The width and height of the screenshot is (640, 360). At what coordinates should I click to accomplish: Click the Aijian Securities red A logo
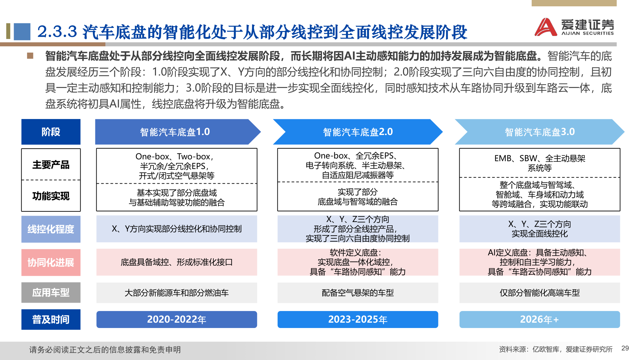(x=546, y=27)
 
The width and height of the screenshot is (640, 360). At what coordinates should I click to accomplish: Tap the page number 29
(x=625, y=348)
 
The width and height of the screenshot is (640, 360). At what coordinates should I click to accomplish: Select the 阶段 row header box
(x=51, y=132)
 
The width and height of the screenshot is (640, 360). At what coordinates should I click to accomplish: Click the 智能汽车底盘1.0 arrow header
(x=175, y=132)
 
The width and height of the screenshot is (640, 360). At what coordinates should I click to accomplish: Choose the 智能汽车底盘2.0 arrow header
(x=358, y=132)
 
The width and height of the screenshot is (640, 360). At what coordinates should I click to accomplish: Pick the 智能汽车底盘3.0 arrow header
(x=540, y=132)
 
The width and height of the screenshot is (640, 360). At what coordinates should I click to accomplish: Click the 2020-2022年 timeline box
(x=177, y=319)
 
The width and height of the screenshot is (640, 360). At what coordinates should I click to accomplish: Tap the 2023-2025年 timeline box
(x=358, y=319)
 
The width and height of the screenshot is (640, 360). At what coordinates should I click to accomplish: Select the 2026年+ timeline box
(x=539, y=319)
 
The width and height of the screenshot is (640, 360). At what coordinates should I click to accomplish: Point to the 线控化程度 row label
(x=51, y=229)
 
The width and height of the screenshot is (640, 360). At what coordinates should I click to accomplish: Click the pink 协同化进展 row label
(x=51, y=262)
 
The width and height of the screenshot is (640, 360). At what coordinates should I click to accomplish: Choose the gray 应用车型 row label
(x=51, y=293)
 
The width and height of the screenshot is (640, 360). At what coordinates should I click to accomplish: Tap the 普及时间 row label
(x=51, y=319)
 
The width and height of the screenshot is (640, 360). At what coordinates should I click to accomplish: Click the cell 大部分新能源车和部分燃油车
(x=177, y=293)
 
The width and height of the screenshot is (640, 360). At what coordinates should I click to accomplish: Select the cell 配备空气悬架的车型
(x=358, y=293)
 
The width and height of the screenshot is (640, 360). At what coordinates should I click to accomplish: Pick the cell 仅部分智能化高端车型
(x=540, y=293)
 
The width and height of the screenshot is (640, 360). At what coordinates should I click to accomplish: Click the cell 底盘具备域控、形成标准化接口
(x=177, y=262)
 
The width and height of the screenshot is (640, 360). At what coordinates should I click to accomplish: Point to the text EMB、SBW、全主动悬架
(x=540, y=158)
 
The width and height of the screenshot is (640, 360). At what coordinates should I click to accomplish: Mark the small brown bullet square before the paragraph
(x=30, y=56)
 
